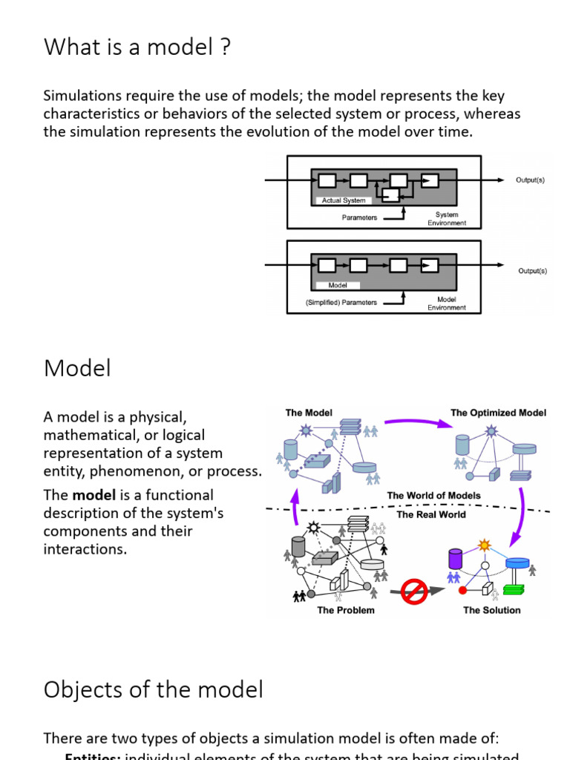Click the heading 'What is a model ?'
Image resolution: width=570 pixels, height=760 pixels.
click(x=137, y=47)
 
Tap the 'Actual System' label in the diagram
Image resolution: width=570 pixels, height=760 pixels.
click(x=343, y=200)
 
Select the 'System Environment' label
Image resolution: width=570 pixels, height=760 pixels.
click(x=447, y=218)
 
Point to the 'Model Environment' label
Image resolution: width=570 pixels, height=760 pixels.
click(x=447, y=303)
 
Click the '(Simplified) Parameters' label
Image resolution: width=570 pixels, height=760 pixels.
click(x=341, y=302)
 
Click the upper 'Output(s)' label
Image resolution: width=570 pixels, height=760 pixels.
click(x=530, y=180)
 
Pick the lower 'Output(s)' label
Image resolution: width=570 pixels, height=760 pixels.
click(x=532, y=271)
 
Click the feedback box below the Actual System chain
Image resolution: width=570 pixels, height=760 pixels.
click(x=390, y=194)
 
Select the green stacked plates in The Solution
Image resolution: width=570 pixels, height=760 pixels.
click(x=513, y=589)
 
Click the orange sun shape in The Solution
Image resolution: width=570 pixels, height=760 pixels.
click(x=485, y=546)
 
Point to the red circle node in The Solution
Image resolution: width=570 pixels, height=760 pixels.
click(x=463, y=591)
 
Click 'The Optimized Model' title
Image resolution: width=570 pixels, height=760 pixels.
click(x=498, y=413)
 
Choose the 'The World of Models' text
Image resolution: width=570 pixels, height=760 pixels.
click(x=433, y=495)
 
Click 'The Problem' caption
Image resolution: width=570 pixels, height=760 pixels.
click(x=346, y=610)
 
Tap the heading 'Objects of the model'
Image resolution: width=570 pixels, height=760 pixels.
click(x=153, y=689)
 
